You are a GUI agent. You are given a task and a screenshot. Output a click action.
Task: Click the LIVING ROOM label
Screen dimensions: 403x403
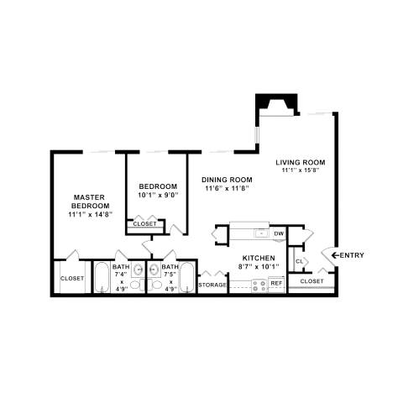click(x=301, y=162)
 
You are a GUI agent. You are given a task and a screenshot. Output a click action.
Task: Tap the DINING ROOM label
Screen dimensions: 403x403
click(x=227, y=179)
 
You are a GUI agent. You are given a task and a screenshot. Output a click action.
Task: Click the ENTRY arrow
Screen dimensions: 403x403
click(x=347, y=255)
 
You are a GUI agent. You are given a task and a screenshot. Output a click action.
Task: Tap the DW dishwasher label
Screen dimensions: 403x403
click(x=279, y=233)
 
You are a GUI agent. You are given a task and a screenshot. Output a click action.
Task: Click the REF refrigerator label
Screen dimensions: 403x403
click(x=275, y=284)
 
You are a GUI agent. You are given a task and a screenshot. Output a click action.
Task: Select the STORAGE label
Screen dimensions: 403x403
click(x=212, y=285)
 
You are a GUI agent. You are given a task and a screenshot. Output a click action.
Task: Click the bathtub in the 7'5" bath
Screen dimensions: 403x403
click(x=186, y=277)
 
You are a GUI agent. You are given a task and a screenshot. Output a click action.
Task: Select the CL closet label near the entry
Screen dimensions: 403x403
click(x=299, y=262)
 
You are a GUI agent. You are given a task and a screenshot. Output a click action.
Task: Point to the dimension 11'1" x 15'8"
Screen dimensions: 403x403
click(x=301, y=171)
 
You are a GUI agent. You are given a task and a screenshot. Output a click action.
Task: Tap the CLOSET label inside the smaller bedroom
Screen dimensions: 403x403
click(x=144, y=224)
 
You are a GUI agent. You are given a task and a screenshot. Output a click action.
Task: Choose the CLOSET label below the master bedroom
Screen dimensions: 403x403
click(x=72, y=279)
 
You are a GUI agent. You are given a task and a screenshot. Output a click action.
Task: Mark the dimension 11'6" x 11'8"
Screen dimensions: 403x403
click(x=227, y=189)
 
